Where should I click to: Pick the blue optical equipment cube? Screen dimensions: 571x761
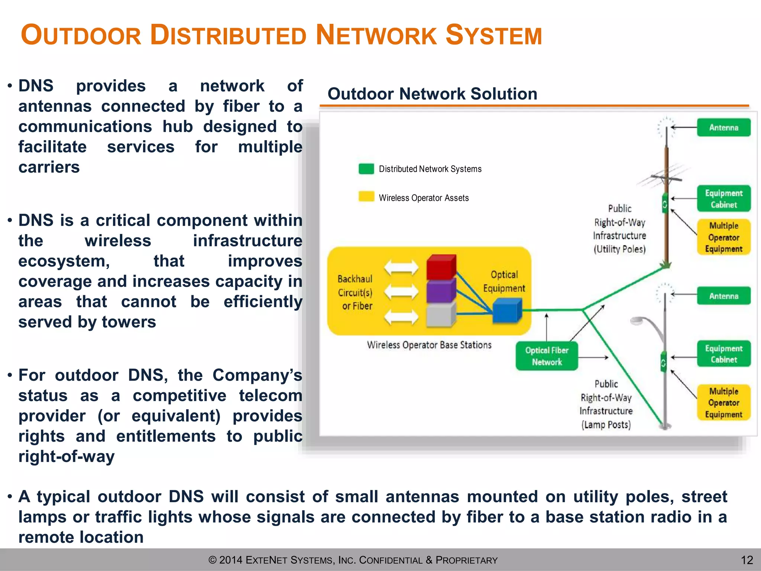point(507,311)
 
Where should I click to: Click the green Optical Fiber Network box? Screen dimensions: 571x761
point(547,356)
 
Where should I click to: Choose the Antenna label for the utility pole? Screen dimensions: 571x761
point(723,128)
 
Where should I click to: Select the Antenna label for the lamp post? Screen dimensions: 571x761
point(723,296)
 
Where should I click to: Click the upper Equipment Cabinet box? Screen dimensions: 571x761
point(723,199)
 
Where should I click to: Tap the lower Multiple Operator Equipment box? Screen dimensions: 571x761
point(723,403)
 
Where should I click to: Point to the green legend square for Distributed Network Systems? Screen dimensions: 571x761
point(366,169)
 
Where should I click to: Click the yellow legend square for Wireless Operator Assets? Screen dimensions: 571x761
point(366,197)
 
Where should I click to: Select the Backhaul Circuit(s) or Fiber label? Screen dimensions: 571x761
point(356,293)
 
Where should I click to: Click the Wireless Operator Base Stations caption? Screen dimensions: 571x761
point(429,345)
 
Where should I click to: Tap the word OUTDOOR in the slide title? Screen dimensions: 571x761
point(81,35)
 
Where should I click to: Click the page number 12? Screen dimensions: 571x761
point(747,560)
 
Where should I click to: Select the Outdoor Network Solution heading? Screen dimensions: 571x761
point(432,94)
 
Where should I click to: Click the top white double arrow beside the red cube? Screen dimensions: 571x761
point(401,267)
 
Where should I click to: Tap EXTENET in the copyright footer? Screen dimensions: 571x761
point(266,560)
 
